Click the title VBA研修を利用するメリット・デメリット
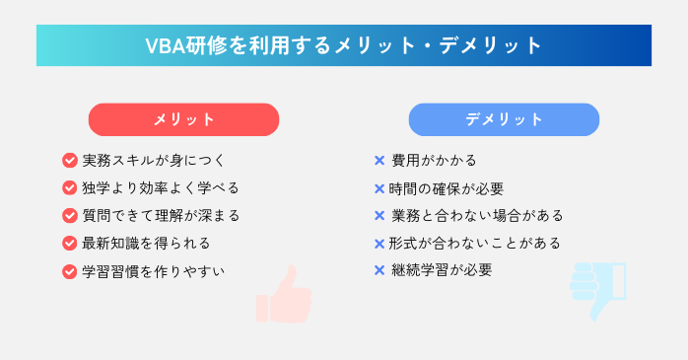click(344, 45)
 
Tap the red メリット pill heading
click(184, 119)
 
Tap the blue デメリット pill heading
click(504, 119)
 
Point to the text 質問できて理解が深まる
click(160, 215)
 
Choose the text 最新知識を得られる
click(145, 243)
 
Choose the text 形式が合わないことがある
click(475, 243)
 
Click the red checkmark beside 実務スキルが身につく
click(70, 160)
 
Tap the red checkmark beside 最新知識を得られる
click(70, 243)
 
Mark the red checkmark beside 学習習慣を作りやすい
click(70, 270)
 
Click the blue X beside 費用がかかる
click(379, 160)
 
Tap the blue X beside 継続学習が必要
click(379, 269)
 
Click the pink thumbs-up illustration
click(284, 294)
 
